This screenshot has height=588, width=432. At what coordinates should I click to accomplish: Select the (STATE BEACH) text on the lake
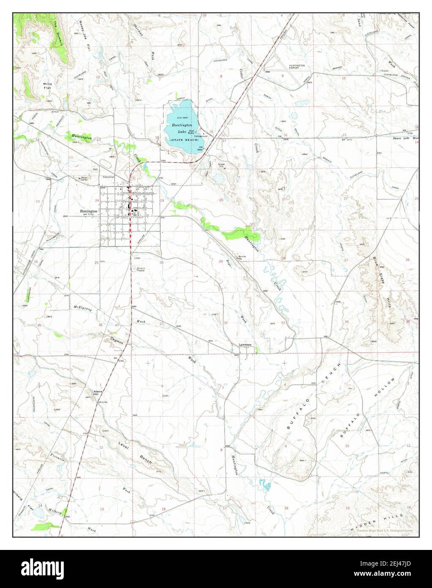(x=182, y=139)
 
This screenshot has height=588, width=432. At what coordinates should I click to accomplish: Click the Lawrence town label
(x=245, y=345)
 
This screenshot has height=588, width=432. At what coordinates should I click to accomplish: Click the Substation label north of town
(x=111, y=177)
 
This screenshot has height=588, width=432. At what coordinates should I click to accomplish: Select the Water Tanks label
(x=86, y=178)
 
